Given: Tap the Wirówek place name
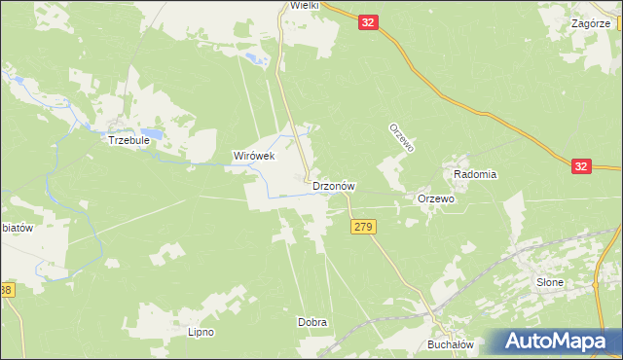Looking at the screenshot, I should coord(254,156).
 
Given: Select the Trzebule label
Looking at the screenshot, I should coord(128,139).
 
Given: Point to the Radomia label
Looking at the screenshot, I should coord(475,174).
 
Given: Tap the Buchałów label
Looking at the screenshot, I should coord(450,344).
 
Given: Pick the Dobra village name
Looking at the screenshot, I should coord(311,322).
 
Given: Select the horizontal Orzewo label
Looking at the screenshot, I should coord(436,198).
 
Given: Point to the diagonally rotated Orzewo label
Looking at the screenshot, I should coord(402,137).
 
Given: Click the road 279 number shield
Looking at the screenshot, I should coord(362,227).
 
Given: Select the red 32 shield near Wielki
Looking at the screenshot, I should coord(367,21).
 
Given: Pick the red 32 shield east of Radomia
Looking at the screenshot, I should coord(581,166).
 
